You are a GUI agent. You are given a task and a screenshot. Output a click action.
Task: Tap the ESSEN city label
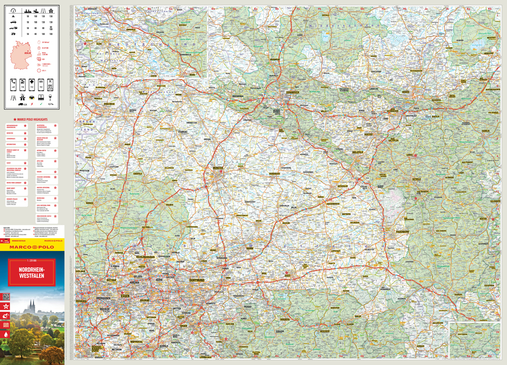[x=125, y=295]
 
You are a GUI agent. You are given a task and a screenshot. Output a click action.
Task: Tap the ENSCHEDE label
[x=95, y=104]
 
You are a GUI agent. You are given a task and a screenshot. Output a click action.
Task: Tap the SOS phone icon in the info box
[x=40, y=84]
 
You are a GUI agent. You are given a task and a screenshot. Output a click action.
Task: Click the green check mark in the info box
[x=41, y=103]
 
